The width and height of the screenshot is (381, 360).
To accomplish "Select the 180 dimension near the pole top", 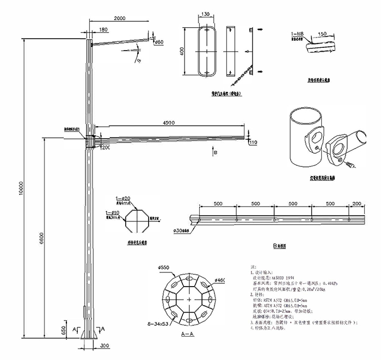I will click(x=103, y=29).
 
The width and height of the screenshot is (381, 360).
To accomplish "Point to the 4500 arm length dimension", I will click(x=170, y=122).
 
